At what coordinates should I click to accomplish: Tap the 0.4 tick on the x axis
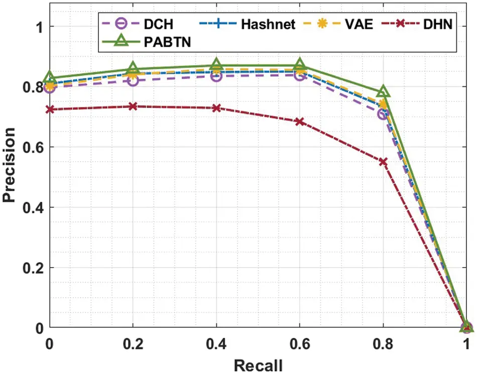click(x=216, y=343)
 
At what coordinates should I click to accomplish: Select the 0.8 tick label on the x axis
click(x=384, y=343)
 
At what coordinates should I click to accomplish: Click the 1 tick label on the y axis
click(x=39, y=26)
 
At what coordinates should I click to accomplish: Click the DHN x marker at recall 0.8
click(x=384, y=162)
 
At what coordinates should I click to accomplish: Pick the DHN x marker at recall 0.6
click(x=300, y=121)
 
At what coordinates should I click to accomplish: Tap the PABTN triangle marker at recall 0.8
click(x=384, y=92)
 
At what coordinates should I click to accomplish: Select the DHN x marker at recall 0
click(x=50, y=109)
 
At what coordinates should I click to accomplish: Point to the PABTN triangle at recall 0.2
click(x=133, y=69)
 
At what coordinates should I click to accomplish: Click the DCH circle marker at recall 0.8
click(x=383, y=114)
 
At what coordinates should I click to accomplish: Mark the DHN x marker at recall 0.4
click(x=216, y=108)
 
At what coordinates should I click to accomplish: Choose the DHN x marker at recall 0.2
click(x=133, y=106)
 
